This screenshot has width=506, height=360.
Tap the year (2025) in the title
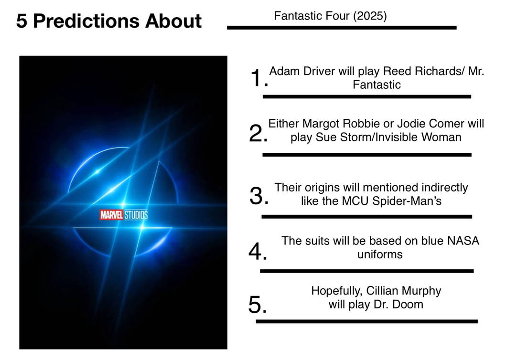[370, 16]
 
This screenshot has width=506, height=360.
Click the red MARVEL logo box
[111, 215]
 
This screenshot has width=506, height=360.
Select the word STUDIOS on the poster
[136, 215]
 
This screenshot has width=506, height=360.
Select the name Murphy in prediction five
[420, 291]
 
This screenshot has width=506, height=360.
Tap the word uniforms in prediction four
[380, 254]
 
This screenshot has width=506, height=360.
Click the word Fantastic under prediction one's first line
[377, 85]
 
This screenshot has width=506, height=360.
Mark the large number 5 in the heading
[22, 21]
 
